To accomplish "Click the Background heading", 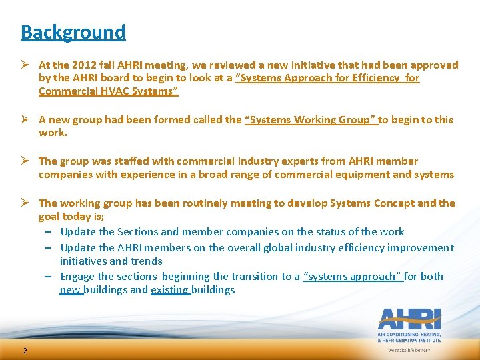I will click(73, 32).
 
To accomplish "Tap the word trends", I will click(148, 261).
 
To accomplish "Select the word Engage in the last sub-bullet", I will click(77, 277).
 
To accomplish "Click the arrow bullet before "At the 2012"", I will click(26, 65).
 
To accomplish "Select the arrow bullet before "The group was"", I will click(26, 161).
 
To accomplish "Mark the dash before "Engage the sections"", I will click(49, 277).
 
